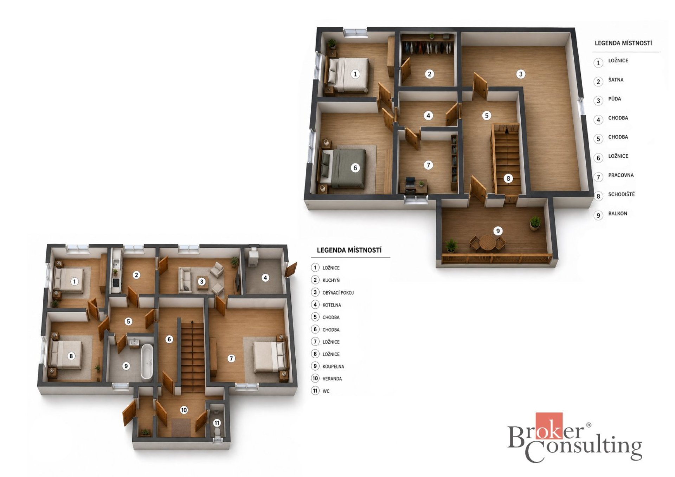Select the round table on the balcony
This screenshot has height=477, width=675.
[x=488, y=242]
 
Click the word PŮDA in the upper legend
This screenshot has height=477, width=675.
[x=615, y=99]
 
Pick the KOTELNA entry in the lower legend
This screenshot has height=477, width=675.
[x=332, y=305]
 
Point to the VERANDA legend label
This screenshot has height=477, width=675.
[x=332, y=379]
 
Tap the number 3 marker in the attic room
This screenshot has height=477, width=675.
[x=521, y=74]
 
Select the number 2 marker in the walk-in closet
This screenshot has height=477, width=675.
[x=429, y=74]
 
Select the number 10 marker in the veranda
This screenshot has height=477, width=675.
[x=184, y=410]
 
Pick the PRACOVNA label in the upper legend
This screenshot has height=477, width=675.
[x=621, y=175]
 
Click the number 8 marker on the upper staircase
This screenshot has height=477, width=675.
[x=508, y=178]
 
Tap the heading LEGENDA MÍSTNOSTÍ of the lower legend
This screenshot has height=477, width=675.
[x=349, y=250]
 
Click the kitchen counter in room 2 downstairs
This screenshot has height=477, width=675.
[x=116, y=271]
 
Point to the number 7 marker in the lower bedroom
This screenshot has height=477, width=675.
[x=231, y=358]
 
